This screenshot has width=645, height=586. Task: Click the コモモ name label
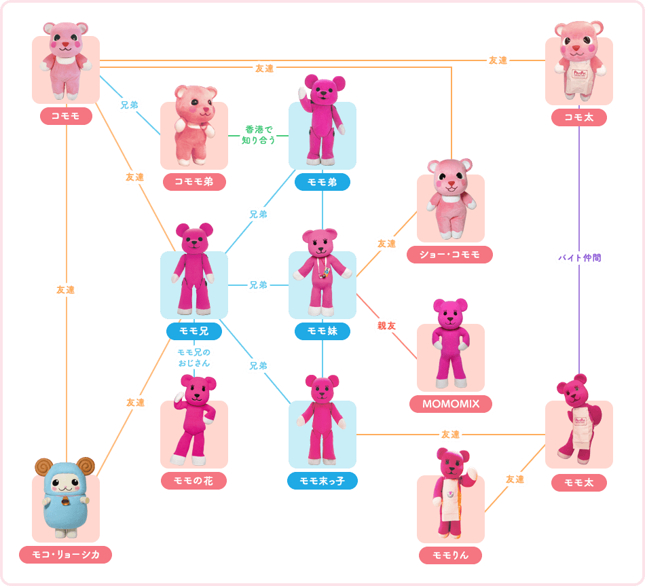pos(66,116)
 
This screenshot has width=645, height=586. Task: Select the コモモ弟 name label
pos(194,181)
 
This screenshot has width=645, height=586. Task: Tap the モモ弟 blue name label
pos(322,182)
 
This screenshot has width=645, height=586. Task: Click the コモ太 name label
pos(578,117)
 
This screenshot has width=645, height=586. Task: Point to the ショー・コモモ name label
pos(451,255)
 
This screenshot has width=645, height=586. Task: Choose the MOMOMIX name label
pos(451,404)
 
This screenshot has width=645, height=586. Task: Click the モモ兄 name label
pos(194,331)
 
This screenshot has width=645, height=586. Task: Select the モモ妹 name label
pos(322,331)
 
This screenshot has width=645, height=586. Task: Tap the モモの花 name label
pos(194,480)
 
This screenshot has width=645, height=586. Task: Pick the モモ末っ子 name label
pos(322,481)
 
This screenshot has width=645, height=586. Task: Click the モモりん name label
pos(451,555)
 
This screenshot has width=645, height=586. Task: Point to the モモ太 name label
pos(578,482)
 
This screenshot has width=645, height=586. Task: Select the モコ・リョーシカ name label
pos(66,555)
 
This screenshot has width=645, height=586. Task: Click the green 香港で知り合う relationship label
pos(258,136)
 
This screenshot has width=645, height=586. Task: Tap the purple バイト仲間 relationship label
pos(579,258)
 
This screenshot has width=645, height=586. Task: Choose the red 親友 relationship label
pos(386,326)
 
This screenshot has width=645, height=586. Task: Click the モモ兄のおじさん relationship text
pos(194,357)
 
